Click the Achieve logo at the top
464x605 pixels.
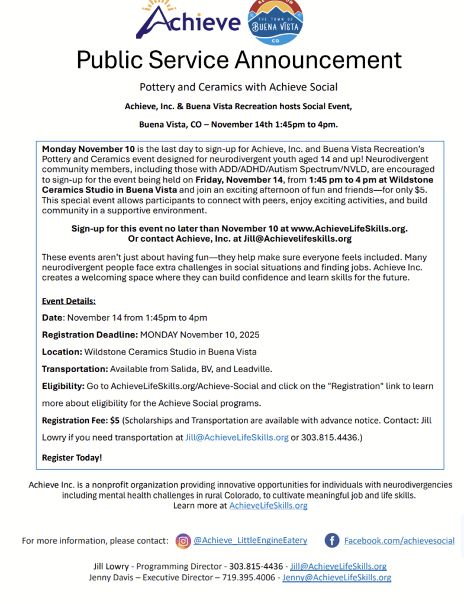pyautogui.click(x=188, y=22)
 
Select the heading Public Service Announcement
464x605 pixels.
pyautogui.click(x=239, y=60)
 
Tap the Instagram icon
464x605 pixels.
pyautogui.click(x=184, y=541)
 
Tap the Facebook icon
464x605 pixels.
pyautogui.click(x=332, y=541)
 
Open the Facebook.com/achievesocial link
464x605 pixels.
pyautogui.click(x=399, y=541)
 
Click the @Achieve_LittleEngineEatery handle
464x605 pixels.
pyautogui.click(x=250, y=540)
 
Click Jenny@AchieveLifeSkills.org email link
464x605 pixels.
pyautogui.click(x=336, y=577)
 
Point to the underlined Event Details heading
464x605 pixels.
pyautogui.click(x=69, y=301)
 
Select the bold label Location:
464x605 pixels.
pyautogui.click(x=62, y=352)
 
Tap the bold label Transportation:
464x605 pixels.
pyautogui.click(x=75, y=369)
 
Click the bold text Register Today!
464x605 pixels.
pyautogui.click(x=72, y=457)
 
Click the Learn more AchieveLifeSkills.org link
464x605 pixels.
pyautogui.click(x=268, y=506)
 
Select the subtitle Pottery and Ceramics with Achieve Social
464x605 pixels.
pyautogui.click(x=239, y=87)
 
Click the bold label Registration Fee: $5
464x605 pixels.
pyautogui.click(x=80, y=421)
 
